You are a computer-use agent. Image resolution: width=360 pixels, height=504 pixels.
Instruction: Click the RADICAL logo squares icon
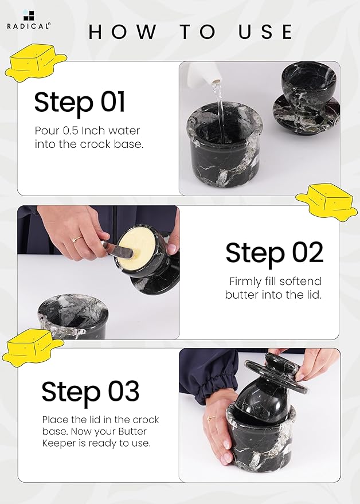[28, 15]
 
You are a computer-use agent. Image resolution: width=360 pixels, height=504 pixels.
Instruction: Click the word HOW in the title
[123, 32]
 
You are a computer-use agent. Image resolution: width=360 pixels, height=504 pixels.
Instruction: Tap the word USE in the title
[265, 32]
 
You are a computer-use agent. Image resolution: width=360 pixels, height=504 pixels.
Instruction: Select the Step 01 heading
[80, 102]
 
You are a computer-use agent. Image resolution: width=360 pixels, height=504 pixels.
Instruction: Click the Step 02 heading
[274, 253]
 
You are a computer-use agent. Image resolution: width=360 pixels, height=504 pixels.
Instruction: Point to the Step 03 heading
[91, 392]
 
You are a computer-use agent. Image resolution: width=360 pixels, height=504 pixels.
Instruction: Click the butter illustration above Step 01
[36, 63]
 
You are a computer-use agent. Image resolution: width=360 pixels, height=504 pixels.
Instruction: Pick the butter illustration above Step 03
[33, 348]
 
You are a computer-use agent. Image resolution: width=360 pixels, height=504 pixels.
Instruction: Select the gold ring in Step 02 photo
[77, 240]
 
